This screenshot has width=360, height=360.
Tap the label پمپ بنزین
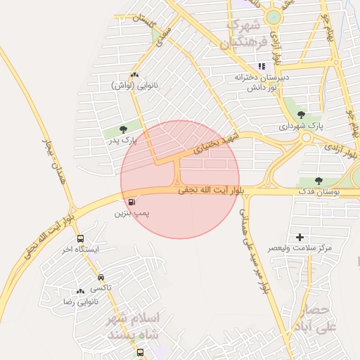(x=133, y=212)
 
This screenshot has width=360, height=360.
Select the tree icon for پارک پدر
(x=124, y=129)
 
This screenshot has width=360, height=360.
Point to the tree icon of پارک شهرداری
(x=302, y=115)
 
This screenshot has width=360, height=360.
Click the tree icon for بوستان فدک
(x=319, y=181)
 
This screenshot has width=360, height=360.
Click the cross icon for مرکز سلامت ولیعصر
(x=300, y=238)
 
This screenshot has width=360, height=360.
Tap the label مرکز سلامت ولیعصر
(x=300, y=248)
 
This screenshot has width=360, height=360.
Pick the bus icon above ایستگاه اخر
(x=80, y=239)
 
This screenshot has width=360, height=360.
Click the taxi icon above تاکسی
(x=101, y=277)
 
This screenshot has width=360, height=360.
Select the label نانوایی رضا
(x=81, y=301)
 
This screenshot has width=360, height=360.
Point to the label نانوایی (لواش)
(x=135, y=85)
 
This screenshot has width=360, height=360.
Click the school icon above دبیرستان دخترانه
(x=262, y=67)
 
